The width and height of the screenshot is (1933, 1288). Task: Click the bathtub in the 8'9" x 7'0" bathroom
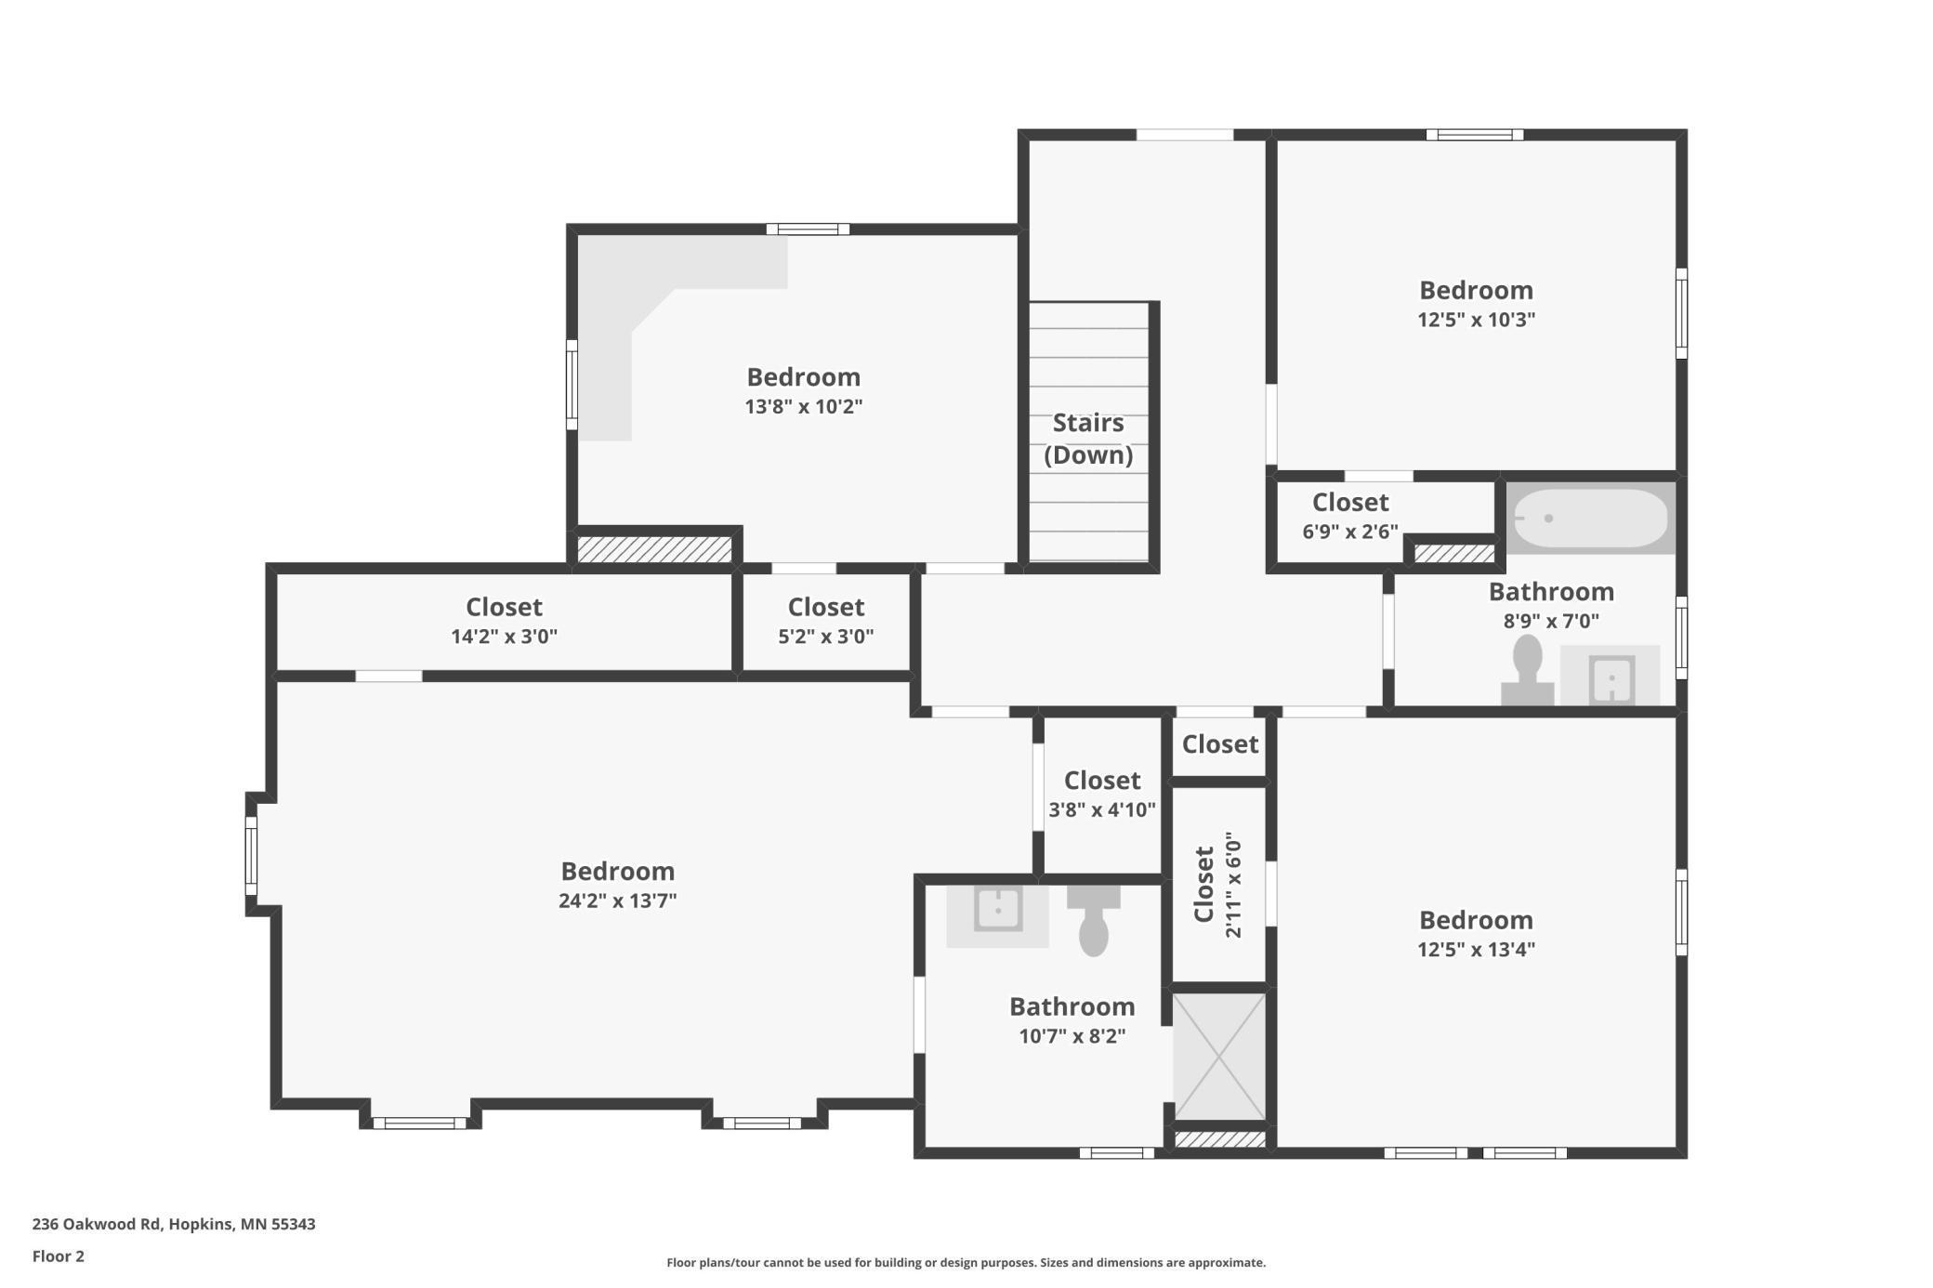click(1590, 519)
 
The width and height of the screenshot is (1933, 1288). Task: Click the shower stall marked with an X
click(1219, 1057)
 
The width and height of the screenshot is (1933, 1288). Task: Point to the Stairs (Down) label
click(1088, 439)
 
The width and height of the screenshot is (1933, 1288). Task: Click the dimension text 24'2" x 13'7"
click(617, 900)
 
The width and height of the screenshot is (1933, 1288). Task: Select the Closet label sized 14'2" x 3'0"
click(504, 607)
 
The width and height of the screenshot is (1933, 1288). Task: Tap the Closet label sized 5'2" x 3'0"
click(825, 607)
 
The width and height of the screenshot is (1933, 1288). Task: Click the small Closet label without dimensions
click(1219, 744)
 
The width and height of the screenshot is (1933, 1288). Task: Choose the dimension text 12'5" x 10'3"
click(1476, 320)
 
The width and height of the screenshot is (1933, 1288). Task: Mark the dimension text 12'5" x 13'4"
click(1476, 950)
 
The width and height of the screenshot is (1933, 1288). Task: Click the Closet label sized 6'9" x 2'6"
click(1349, 503)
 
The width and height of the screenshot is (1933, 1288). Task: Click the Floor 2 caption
click(58, 1256)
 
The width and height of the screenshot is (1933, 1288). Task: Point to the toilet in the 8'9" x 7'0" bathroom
click(1527, 669)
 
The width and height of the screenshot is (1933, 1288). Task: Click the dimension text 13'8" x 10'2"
click(803, 407)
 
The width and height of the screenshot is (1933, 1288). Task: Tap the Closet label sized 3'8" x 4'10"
click(1101, 781)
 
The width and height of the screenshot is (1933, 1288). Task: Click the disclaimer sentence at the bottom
click(966, 1263)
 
